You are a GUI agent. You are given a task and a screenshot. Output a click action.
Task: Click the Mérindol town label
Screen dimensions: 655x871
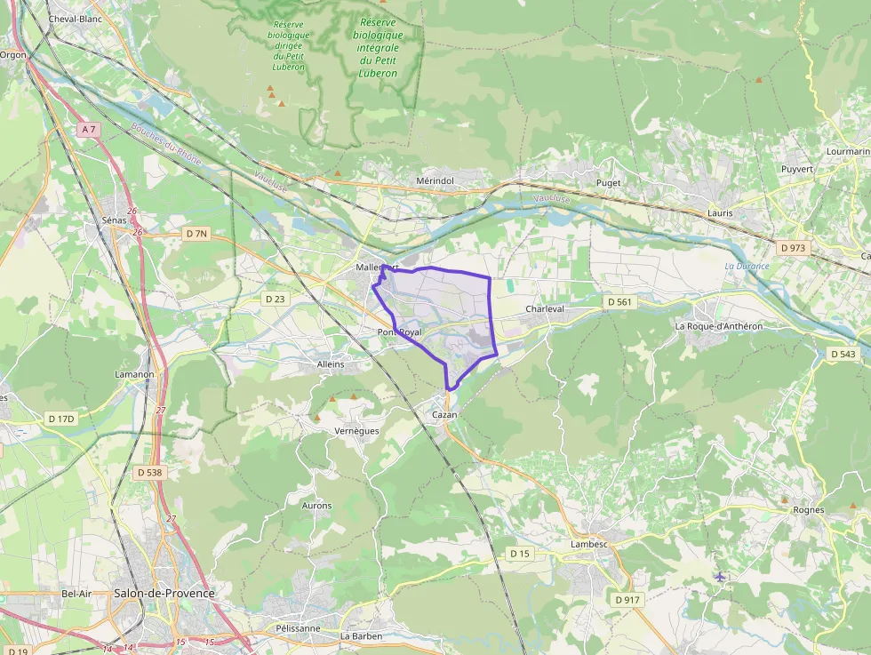click(x=435, y=180)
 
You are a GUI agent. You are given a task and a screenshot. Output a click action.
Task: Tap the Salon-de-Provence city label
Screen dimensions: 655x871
click(x=164, y=593)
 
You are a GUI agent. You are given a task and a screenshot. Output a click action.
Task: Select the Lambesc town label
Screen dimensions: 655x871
click(x=589, y=544)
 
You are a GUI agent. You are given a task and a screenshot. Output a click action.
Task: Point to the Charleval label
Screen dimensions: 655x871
click(x=545, y=309)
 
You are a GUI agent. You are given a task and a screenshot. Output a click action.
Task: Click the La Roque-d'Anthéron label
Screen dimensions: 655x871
click(x=718, y=326)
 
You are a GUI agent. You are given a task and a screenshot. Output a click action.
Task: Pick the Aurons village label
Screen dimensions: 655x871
click(x=316, y=506)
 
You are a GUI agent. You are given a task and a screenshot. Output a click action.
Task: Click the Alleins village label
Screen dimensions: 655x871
click(x=330, y=364)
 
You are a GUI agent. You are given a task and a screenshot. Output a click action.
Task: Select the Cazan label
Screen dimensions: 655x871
click(x=444, y=415)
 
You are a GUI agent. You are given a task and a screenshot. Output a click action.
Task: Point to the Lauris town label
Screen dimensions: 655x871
click(x=720, y=213)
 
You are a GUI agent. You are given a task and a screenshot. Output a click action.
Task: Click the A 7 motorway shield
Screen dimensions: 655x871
click(x=87, y=130)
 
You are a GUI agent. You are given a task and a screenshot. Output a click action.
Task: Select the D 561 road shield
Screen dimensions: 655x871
click(x=619, y=302)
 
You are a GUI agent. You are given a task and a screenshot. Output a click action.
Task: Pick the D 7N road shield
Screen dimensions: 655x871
click(x=196, y=234)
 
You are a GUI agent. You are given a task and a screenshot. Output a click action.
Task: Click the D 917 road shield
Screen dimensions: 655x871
click(x=627, y=600)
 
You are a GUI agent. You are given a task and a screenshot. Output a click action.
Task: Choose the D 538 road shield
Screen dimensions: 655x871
click(x=149, y=473)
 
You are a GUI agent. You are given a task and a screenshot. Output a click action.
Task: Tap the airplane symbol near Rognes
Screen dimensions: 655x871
click(x=720, y=578)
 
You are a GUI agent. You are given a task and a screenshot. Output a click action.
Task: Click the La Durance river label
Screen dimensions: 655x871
click(x=747, y=266)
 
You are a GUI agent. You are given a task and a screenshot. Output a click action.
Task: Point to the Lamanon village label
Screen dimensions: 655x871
click(x=134, y=374)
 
